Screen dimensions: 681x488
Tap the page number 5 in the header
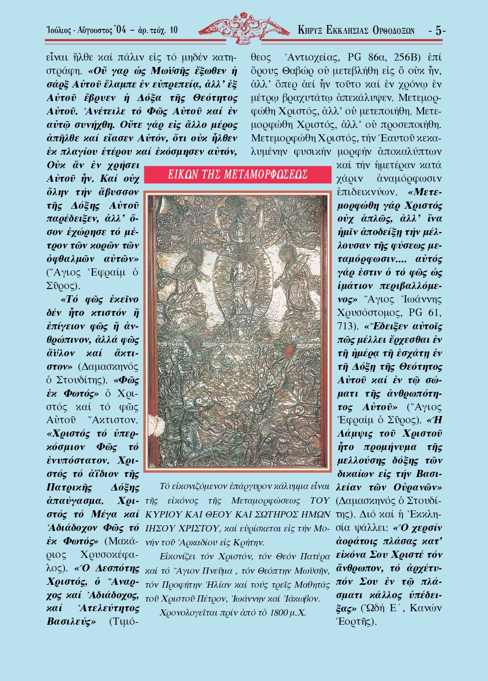click(438, 30)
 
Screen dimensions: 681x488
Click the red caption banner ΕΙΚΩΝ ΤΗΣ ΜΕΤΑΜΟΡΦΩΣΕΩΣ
click(238, 174)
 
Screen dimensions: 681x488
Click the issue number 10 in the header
click(173, 30)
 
